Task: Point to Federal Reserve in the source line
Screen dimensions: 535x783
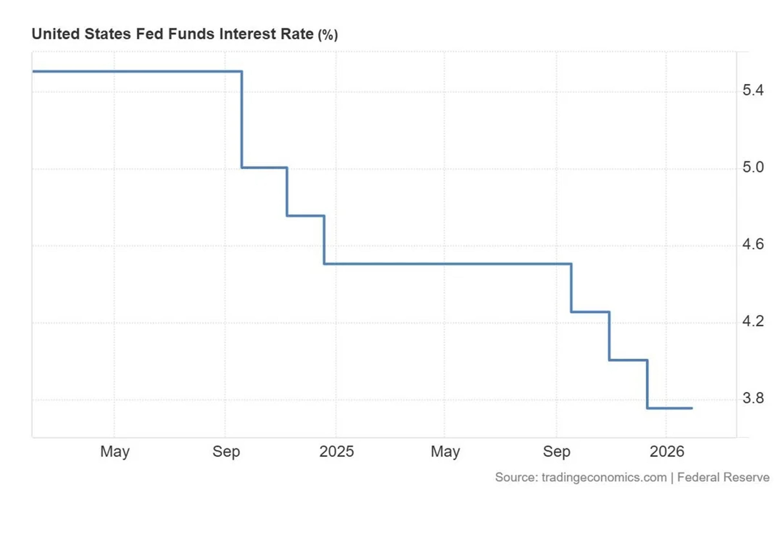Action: [x=723, y=477]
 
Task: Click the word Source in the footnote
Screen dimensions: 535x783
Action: [x=515, y=477]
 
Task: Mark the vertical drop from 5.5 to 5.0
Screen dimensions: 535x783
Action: [x=242, y=120]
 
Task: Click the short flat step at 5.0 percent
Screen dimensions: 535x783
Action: [x=264, y=167]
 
